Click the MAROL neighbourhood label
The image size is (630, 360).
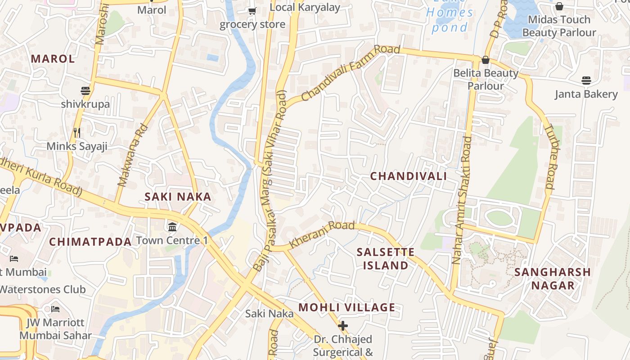click(53, 58)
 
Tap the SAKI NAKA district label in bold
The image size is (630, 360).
click(178, 197)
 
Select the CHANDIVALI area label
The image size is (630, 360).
click(409, 176)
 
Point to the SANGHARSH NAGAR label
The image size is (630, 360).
click(553, 279)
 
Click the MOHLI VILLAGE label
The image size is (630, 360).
click(347, 307)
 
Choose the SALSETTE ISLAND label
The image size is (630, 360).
click(386, 259)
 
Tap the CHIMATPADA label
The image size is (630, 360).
click(90, 242)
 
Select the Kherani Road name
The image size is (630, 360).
click(322, 234)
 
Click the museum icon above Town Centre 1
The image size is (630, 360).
click(172, 226)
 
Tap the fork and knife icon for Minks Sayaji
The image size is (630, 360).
click(77, 133)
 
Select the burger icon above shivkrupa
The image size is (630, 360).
click(85, 91)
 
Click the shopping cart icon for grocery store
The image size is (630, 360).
click(252, 11)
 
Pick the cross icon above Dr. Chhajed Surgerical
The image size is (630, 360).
click(343, 325)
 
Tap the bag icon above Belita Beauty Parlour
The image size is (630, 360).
click(486, 60)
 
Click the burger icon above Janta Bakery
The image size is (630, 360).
click(586, 81)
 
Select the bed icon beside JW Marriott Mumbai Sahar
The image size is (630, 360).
click(55, 309)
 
